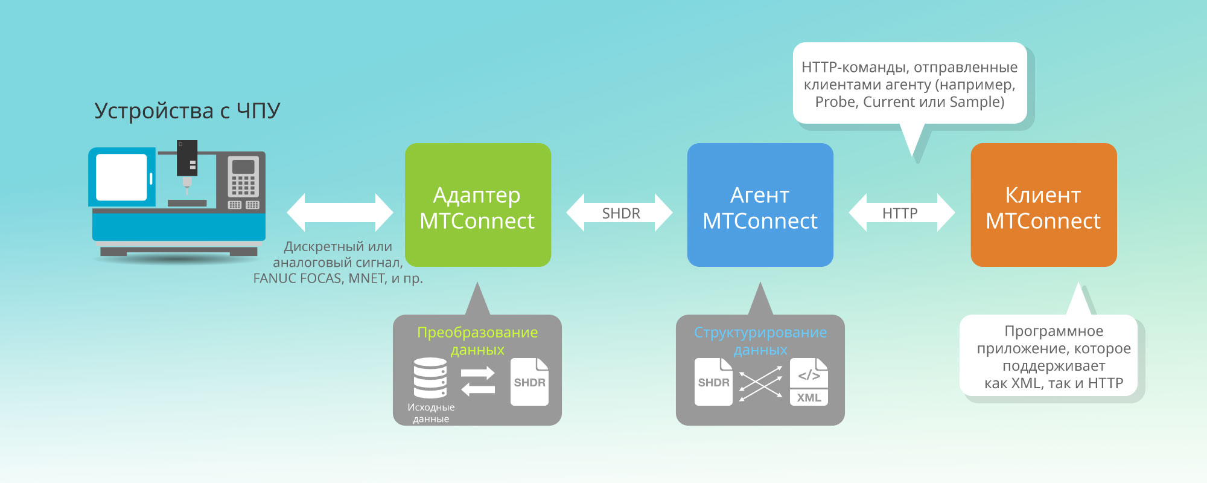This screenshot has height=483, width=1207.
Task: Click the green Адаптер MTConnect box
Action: pos(477,205)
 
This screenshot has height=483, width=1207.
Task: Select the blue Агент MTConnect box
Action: pos(760,205)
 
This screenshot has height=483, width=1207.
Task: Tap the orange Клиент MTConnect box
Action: pos(1043,205)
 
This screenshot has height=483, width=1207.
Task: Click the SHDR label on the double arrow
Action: pos(621,213)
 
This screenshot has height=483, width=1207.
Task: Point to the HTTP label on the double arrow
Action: pos(900,213)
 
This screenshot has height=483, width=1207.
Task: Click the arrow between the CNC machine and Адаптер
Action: pos(340,213)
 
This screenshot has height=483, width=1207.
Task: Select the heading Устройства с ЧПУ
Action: pos(187,111)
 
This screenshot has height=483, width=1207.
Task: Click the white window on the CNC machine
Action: pos(121,177)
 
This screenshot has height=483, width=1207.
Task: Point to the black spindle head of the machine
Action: pos(187,158)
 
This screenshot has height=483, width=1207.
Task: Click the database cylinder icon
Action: pos(430,378)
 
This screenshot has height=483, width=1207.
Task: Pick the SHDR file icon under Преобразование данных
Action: pos(529,382)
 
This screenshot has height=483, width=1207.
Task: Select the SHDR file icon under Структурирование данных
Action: pos(713,382)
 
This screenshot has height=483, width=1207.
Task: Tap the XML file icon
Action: pos(809,382)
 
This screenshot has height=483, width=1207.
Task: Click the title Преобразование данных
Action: pos(477,341)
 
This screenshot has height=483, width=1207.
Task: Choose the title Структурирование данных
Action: pos(760,341)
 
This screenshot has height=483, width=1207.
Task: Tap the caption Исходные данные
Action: pos(431,413)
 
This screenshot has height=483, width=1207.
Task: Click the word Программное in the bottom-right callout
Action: pos(1054,331)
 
